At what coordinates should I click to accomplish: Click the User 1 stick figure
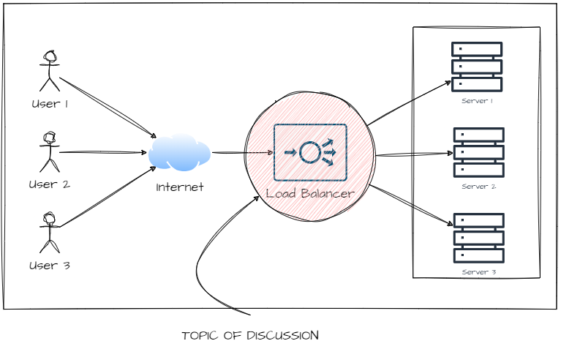[x=50, y=70]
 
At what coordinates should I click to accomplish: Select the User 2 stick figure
[x=49, y=151]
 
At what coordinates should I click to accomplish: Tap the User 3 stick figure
[x=49, y=232]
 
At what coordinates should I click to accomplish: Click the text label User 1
[x=50, y=104]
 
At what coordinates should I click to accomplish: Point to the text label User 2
[x=49, y=184]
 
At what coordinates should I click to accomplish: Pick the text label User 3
[x=49, y=265]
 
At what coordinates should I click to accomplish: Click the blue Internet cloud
[x=179, y=153]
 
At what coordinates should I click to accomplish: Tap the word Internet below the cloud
[x=179, y=187]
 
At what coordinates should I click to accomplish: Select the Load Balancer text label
[x=310, y=194]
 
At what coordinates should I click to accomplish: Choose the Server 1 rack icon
[x=478, y=66]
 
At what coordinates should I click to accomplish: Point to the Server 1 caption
[x=478, y=101]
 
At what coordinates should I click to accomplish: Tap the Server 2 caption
[x=478, y=187]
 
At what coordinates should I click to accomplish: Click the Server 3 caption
[x=478, y=272]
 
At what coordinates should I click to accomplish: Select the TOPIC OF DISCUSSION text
[x=250, y=336]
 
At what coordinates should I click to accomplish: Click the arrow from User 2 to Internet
[x=102, y=152]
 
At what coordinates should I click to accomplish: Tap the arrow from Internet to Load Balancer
[x=241, y=153]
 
